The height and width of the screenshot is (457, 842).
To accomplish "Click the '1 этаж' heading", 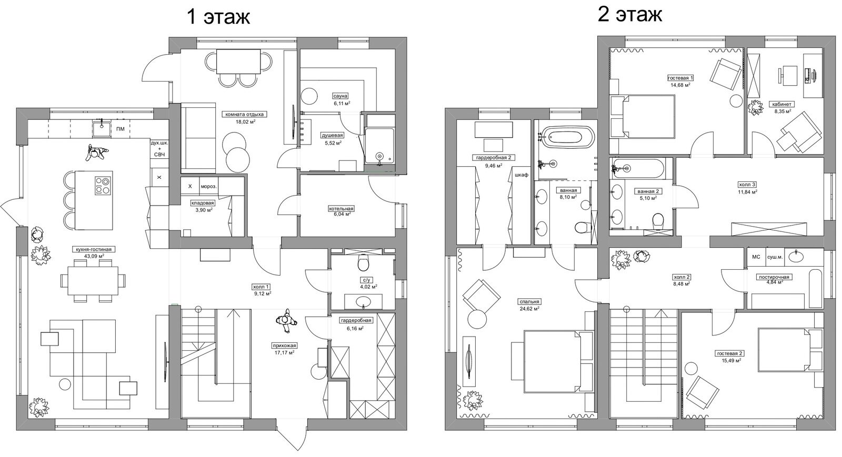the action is point(218,17).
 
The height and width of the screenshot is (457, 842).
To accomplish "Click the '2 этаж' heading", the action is point(629,15).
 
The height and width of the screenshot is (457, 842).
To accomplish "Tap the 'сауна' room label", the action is point(340,96).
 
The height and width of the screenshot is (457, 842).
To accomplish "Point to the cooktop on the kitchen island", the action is point(103,186).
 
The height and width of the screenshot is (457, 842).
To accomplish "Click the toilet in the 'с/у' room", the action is point(364,263).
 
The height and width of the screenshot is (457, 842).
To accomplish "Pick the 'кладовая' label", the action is point(203,203).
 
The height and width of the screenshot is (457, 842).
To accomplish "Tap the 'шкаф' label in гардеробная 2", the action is point(522,175).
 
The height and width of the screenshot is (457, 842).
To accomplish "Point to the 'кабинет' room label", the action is point(782,104).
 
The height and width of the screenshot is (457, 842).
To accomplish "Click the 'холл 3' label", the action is point(747,185).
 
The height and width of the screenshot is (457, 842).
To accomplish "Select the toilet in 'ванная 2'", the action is point(658,220).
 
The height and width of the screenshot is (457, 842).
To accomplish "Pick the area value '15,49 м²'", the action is point(730,360).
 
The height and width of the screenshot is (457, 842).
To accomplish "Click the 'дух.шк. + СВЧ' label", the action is point(159,149).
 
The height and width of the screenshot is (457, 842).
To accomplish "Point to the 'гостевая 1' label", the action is point(680,78).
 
